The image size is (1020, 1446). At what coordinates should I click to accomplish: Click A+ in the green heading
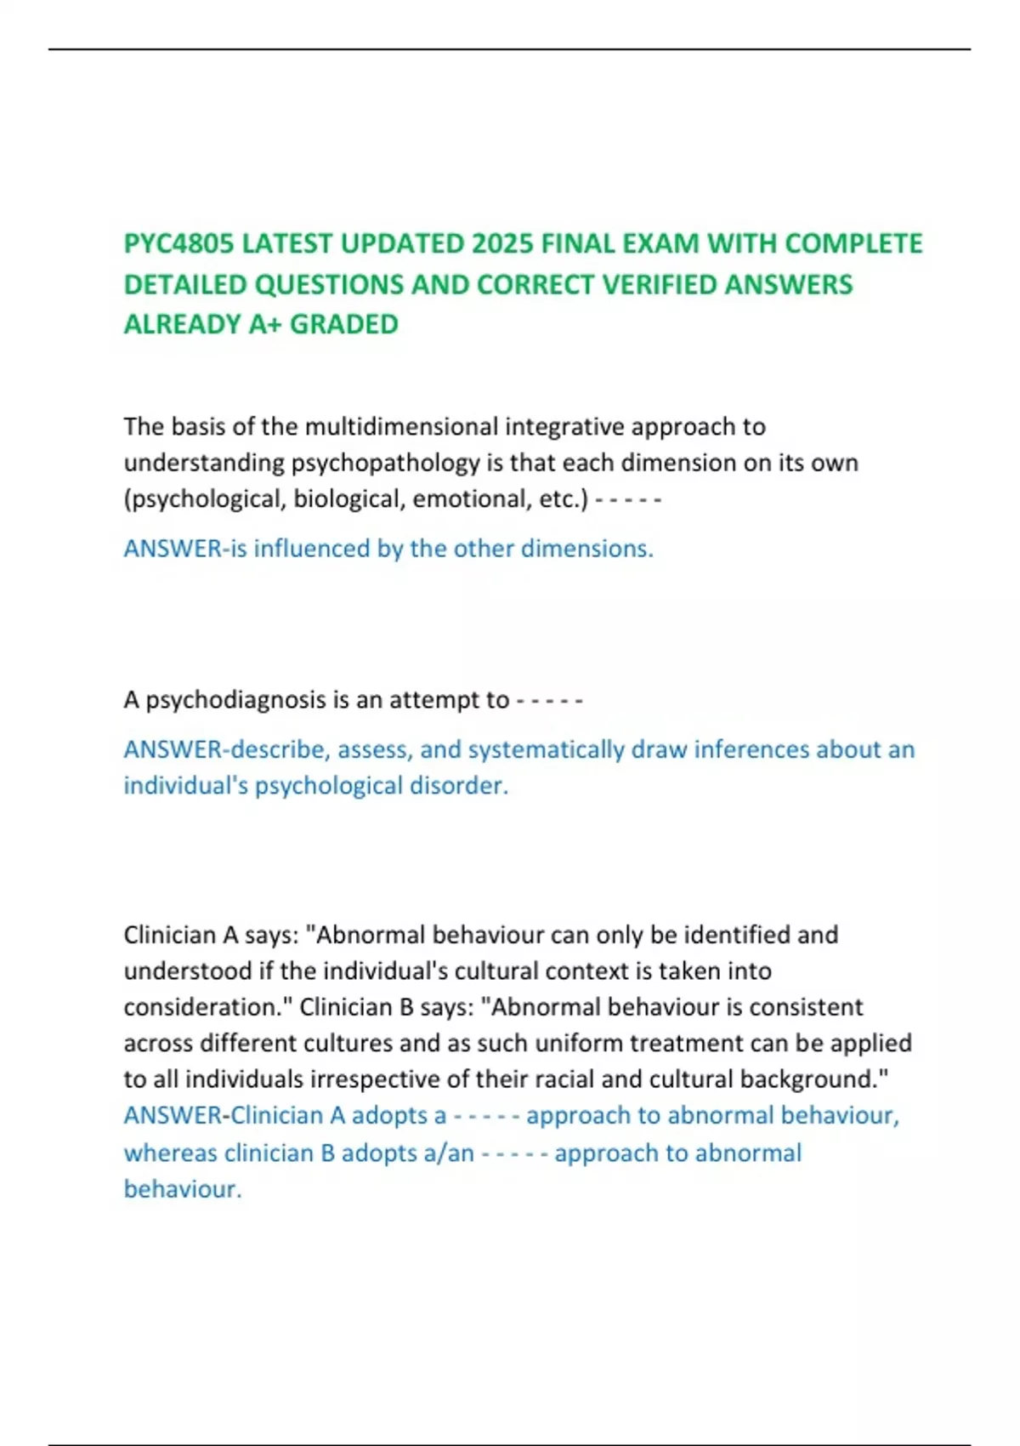264,324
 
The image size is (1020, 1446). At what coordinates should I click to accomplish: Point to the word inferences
751,749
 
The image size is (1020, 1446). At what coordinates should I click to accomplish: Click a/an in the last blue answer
448,1153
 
